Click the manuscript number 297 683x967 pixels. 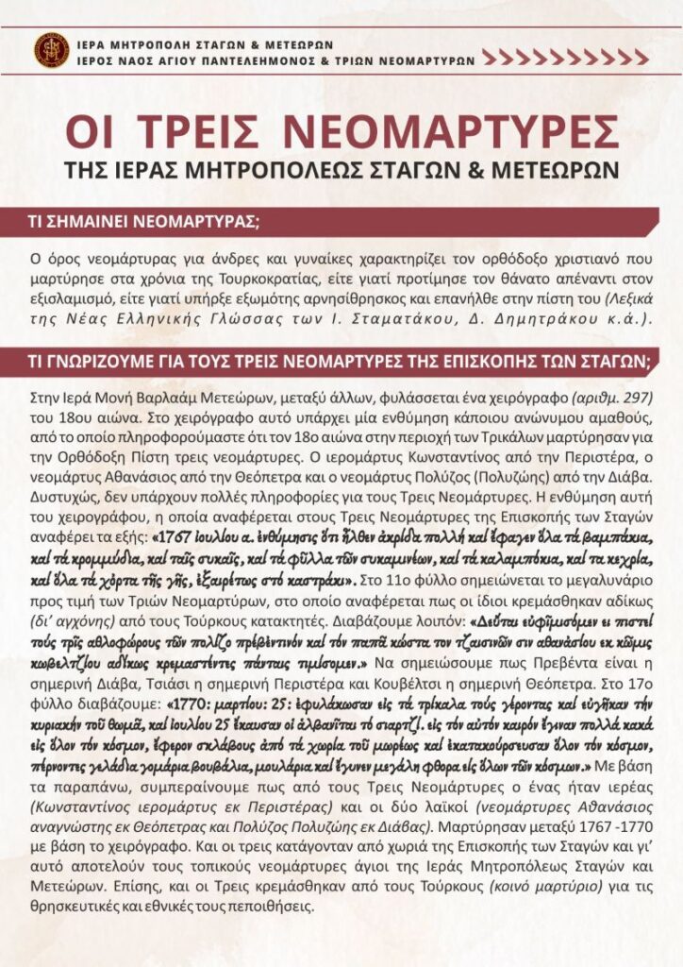638,397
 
